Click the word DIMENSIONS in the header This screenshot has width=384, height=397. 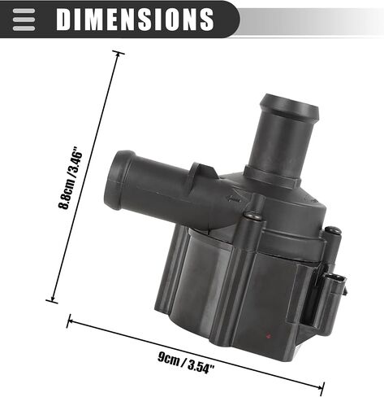[x=135, y=20]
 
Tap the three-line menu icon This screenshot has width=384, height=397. [x=24, y=20]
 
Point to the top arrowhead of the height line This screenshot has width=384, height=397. [x=118, y=55]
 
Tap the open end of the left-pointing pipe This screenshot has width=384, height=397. [x=116, y=180]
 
